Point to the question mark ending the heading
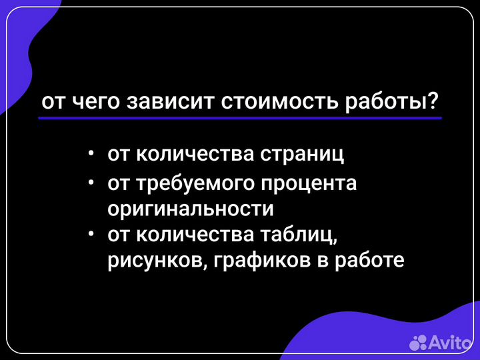[433, 101]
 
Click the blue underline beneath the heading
[240, 118]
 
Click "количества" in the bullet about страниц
[195, 155]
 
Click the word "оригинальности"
[191, 208]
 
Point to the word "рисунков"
[149, 260]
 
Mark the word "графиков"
[257, 260]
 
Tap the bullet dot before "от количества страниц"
[91, 154]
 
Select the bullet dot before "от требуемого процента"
[91, 182]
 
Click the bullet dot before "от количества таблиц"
[91, 234]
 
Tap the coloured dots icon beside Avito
[418, 343]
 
